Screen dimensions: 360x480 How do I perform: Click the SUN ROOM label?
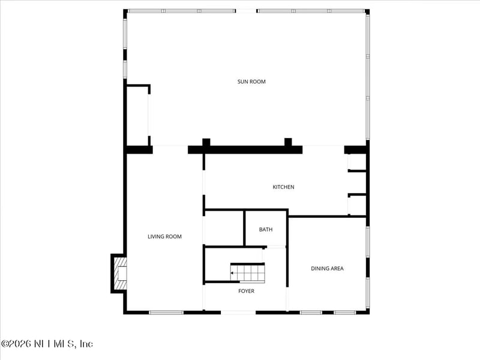[251, 82]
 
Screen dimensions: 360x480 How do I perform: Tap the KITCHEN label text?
[283, 187]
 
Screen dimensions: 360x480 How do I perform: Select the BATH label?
[266, 230]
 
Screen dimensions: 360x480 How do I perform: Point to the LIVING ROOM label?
[164, 236]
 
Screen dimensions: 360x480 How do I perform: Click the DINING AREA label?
[327, 268]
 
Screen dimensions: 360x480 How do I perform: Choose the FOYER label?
[246, 291]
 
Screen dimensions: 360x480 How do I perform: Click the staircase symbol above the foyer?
[247, 273]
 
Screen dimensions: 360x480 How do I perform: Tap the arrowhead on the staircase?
[233, 273]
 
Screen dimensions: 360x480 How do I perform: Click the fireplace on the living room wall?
[119, 274]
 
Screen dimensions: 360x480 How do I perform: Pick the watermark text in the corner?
[47, 344]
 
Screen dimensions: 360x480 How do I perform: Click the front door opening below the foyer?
[238, 312]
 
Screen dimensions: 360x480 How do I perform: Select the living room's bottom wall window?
[166, 312]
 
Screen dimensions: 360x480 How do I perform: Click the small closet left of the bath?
[224, 228]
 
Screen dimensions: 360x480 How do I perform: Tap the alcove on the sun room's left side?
[137, 115]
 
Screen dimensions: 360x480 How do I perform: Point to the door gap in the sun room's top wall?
[247, 11]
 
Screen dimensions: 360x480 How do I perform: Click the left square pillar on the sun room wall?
[206, 143]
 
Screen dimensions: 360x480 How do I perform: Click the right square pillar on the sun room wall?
[288, 143]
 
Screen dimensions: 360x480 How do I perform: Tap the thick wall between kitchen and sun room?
[246, 149]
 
